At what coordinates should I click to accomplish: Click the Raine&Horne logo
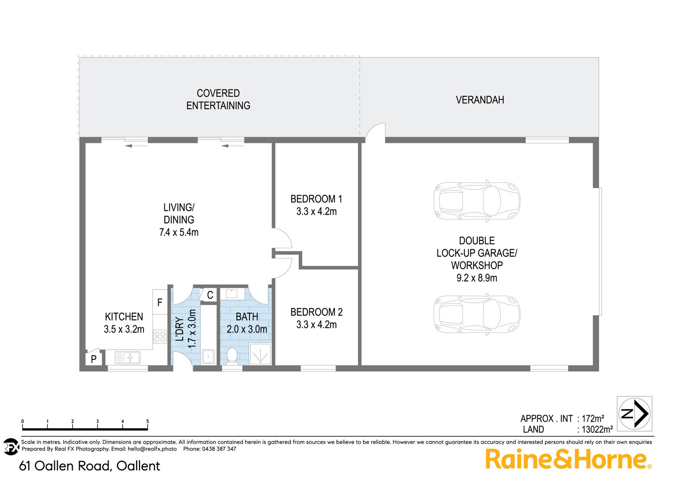[568, 459]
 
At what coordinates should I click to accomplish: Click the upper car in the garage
[477, 201]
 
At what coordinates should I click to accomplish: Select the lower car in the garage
[477, 314]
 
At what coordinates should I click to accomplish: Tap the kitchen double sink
[128, 358]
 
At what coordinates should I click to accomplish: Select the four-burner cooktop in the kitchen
[160, 336]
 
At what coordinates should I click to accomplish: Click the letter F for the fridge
[160, 302]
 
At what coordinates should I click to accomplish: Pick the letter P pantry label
[93, 359]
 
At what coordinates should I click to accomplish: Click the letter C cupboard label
[210, 295]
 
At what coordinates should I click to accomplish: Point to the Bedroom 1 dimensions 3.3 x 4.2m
[316, 212]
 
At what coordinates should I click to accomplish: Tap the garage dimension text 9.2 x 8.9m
[477, 278]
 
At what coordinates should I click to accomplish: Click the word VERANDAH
[480, 100]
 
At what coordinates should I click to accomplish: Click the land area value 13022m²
[598, 429]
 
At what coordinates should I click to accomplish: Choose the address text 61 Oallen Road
[64, 466]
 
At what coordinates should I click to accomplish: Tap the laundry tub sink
[208, 357]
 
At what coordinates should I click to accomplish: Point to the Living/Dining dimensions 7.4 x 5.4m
[179, 232]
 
